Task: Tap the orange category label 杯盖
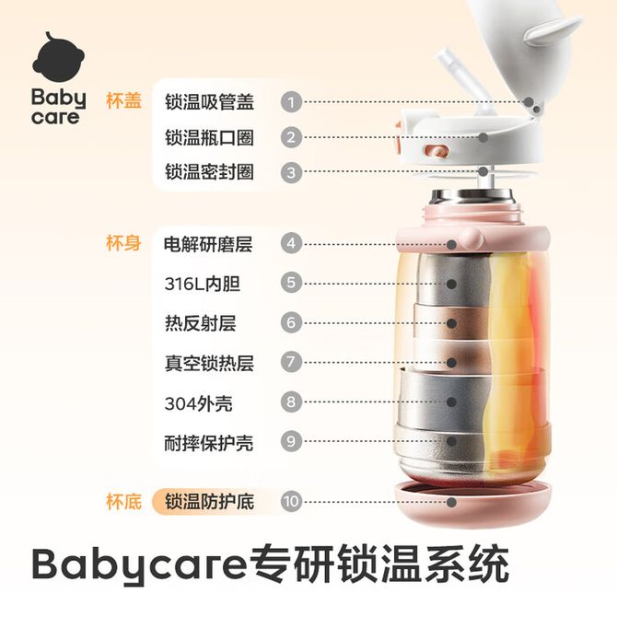click(123, 100)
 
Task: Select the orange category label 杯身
click(123, 243)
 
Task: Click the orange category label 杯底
click(123, 502)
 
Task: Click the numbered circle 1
click(291, 102)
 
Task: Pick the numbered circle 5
click(291, 283)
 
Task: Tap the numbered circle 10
click(291, 501)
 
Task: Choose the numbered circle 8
click(291, 402)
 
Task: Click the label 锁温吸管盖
click(209, 102)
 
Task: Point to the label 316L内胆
click(203, 284)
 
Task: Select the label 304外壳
click(198, 403)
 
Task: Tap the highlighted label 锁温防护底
click(209, 502)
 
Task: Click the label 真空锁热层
click(209, 363)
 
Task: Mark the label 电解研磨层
click(208, 244)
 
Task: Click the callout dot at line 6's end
click(452, 323)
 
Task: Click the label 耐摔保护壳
click(208, 444)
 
